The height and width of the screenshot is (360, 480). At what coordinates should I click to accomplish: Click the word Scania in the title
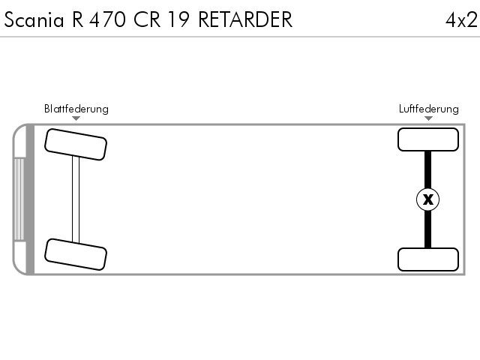pos(34,20)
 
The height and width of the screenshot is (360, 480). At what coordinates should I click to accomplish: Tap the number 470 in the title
pos(107,20)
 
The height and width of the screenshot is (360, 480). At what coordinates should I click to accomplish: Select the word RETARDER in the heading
pos(245,20)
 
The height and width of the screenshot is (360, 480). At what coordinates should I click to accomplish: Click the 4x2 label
pos(461,20)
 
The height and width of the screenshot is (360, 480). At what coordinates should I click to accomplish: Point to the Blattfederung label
pos(76,109)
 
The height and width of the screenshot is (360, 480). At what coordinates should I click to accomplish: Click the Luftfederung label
pos(428,109)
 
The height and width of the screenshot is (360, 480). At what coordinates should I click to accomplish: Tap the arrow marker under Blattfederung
pos(76,118)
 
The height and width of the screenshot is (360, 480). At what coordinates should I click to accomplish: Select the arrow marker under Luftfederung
pos(428,118)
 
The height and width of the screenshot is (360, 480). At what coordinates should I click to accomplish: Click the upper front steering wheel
pos(76,145)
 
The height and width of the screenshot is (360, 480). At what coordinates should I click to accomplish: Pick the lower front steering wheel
pos(76,254)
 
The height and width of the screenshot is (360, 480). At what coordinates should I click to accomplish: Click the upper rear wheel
pos(428,139)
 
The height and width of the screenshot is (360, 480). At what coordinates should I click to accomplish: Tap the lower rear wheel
pos(428,259)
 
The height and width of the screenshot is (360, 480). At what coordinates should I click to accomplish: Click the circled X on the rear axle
pos(428,199)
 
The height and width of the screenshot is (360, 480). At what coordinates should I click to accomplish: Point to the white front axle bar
pos(76,199)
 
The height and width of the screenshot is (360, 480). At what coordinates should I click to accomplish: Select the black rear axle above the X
pos(428,169)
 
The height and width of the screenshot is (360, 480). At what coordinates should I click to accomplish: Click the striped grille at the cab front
pos(19,199)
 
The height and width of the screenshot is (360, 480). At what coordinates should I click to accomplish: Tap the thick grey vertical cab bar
pos(30,199)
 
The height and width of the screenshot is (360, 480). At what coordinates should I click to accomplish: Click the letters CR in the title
pos(147,20)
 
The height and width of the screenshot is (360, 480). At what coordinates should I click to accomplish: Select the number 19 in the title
pos(178,20)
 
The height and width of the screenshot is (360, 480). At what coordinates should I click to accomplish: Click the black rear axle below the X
pos(428,229)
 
